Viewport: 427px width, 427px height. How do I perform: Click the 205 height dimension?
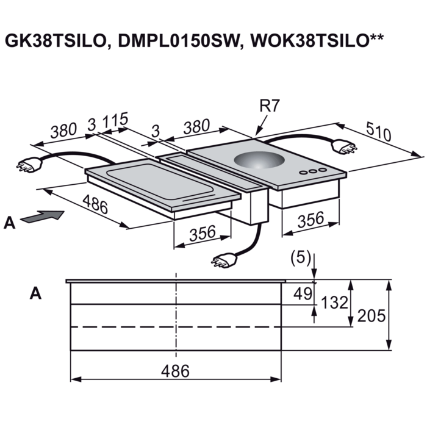click(373, 316)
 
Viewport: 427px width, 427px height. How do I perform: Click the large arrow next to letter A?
click(44, 216)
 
